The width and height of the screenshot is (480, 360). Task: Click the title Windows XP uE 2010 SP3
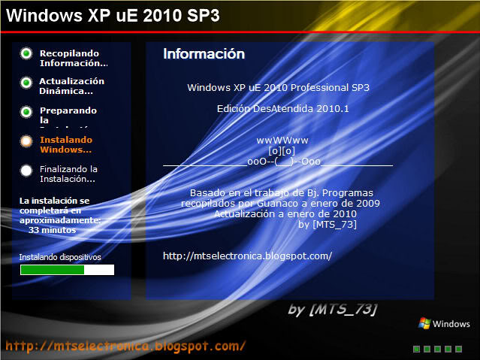113,15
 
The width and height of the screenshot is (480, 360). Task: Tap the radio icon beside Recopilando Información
26,53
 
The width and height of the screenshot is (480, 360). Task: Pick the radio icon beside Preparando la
26,111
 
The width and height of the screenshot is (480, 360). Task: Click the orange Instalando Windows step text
66,144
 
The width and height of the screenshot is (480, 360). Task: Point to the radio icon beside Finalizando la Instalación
26,170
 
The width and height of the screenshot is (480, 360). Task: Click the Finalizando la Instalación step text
68,174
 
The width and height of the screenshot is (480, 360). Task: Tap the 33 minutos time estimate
52,231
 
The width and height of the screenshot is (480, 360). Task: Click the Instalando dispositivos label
59,256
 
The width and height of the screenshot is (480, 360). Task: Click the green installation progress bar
53,269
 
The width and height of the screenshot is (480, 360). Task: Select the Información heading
204,54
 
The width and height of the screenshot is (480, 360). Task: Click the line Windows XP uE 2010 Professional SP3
278,87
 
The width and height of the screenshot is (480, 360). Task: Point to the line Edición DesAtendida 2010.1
278,109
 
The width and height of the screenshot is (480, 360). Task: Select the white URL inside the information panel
247,256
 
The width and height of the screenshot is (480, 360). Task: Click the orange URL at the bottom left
125,346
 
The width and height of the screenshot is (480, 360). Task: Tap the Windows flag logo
424,323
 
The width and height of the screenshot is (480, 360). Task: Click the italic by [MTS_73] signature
332,310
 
